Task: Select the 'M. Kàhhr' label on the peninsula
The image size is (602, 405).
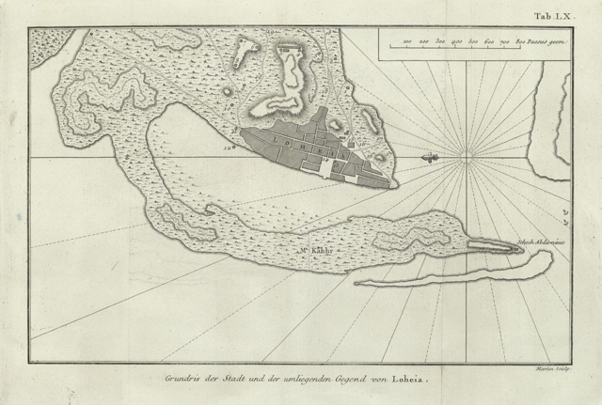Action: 317,251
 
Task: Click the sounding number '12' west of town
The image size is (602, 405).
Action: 226,147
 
